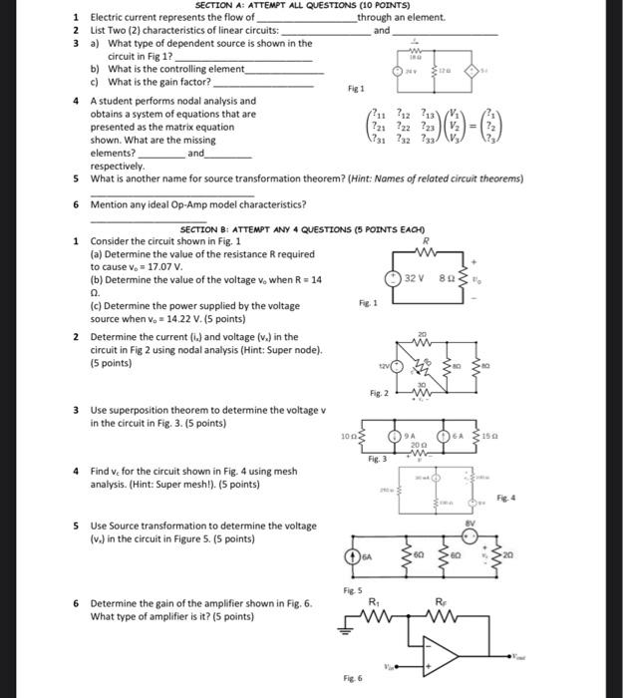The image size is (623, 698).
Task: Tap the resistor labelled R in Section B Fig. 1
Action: [x=426, y=252]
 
